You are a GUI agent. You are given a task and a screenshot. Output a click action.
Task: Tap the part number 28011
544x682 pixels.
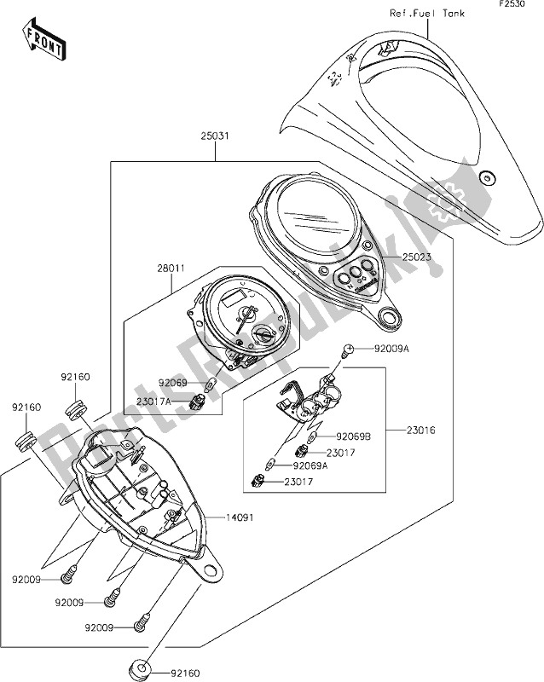pos(171,269)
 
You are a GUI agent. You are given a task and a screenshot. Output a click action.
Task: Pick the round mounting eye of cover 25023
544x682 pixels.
pos(392,319)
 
